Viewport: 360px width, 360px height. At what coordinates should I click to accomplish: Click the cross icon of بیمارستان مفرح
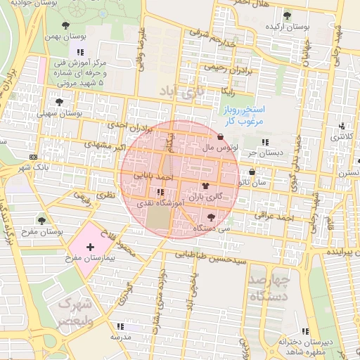(90, 247)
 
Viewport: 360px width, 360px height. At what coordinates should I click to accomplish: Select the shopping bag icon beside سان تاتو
(252, 172)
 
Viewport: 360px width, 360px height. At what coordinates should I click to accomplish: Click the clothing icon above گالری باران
(205, 186)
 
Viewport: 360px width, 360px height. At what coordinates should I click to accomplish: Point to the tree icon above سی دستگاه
(212, 217)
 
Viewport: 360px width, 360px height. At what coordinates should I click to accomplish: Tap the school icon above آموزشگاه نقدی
(161, 191)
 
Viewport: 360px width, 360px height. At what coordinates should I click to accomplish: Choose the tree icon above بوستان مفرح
(41, 219)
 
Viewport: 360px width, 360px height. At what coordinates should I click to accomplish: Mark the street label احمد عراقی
(274, 218)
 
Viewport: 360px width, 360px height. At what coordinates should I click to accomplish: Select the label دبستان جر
(270, 150)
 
